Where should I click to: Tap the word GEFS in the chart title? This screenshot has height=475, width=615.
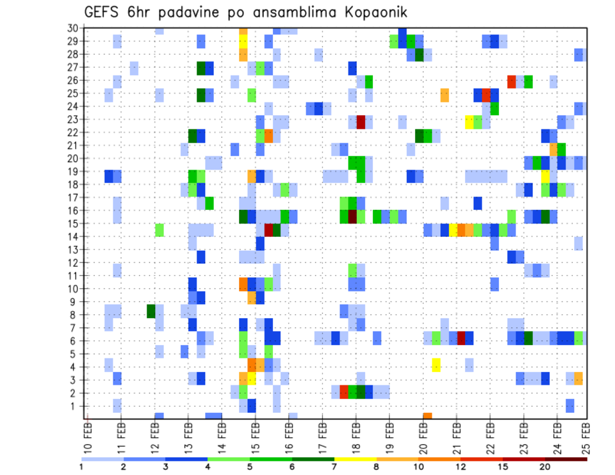coord(104,12)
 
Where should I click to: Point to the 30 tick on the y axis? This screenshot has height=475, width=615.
coord(72,28)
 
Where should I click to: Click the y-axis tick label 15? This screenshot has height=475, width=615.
coord(72,223)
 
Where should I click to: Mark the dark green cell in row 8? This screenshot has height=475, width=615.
coord(151,311)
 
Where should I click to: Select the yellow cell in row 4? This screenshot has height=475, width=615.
coord(436,365)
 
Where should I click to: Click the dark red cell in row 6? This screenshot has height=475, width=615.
coord(461,338)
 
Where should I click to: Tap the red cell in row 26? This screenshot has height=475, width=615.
coord(511,81)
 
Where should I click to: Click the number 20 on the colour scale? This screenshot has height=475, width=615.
coord(545,467)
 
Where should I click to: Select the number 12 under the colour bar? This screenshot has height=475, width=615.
coord(461,467)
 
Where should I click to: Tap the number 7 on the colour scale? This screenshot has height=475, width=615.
coord(334,467)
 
